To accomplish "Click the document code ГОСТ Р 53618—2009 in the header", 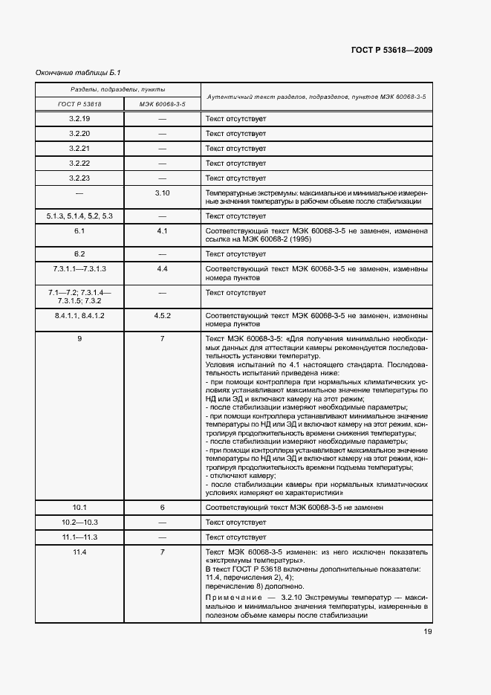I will pos(391,50).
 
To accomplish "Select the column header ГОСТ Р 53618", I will pos(79,104).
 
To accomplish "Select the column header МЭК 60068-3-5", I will pos(162,104).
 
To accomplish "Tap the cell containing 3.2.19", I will pos(79,119).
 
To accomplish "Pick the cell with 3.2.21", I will pos(79,149).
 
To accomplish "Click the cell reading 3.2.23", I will pos(79,178).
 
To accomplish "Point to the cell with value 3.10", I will pos(162,193).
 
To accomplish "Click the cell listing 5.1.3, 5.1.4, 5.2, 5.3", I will pos(79,216).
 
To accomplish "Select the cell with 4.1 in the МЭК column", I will pos(162,231).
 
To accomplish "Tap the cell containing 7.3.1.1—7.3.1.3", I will pos(79,268).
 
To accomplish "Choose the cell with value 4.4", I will pos(162,268).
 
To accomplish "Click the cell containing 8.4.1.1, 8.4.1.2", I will pos(79,316).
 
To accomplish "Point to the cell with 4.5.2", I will pos(162,316).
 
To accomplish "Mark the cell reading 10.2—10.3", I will pos(79,522).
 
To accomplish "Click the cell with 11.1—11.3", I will pos(79,537).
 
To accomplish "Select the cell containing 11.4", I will pos(79,552).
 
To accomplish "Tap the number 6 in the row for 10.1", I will pos(162,507).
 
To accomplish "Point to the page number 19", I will pos(428,632).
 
